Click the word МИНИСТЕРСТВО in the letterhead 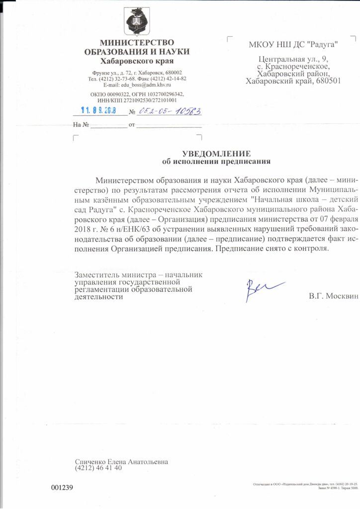(137, 43)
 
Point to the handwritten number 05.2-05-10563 (170, 112)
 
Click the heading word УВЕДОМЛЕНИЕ (216, 154)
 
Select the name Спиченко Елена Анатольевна (121, 461)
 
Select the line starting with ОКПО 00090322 (137, 94)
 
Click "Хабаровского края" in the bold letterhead (137, 61)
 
